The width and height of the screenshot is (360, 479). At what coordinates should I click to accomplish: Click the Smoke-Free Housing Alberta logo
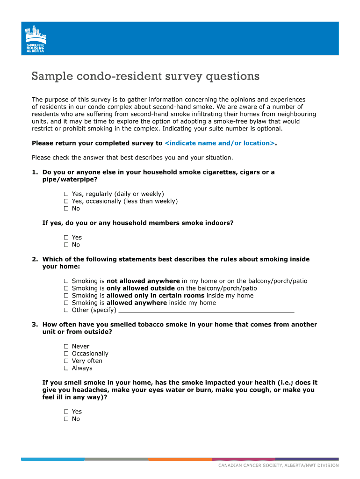[36, 38]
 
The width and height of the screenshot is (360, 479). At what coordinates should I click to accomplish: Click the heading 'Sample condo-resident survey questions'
[145, 76]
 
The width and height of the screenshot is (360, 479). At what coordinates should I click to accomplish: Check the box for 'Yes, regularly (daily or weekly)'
[66, 194]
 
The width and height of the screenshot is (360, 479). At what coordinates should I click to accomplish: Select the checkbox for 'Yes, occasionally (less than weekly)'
[66, 201]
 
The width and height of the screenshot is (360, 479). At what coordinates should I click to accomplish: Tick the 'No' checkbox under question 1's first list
[66, 209]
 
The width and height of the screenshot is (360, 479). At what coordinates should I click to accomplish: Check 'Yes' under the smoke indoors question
[66, 238]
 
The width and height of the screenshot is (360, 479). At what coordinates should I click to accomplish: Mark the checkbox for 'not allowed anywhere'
[66, 281]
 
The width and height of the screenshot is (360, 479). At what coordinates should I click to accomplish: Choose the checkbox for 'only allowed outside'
[66, 289]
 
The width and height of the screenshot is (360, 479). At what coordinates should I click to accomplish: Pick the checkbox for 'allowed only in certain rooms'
[66, 296]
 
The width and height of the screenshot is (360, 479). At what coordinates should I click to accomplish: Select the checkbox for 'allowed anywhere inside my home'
[66, 303]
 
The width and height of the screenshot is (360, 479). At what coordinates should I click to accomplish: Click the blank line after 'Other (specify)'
[207, 310]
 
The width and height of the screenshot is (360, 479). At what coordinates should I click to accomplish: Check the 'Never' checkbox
[66, 347]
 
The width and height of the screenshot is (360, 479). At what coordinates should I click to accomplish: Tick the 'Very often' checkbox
[66, 361]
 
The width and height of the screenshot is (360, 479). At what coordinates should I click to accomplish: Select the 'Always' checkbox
[66, 368]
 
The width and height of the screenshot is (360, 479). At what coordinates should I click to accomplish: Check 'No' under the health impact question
[66, 419]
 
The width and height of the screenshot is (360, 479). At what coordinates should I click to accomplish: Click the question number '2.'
[35, 259]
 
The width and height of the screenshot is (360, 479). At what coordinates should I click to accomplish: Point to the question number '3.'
[35, 325]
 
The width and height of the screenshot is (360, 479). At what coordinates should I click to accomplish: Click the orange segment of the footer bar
[180, 459]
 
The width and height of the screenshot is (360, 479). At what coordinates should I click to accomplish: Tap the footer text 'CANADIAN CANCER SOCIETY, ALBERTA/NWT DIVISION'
[278, 465]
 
